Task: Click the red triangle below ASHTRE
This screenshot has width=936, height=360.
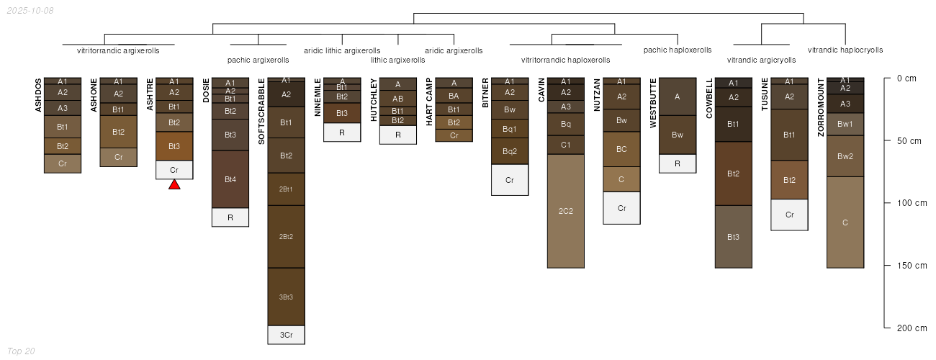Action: (174, 184)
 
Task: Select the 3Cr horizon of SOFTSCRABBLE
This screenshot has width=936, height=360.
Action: (287, 335)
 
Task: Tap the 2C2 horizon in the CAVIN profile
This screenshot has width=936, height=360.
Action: (566, 211)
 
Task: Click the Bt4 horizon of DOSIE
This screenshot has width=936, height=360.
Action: (230, 179)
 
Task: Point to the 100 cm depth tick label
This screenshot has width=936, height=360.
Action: (912, 203)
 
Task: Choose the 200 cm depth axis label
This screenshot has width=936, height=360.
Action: (912, 328)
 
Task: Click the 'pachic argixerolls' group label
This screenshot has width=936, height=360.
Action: (258, 60)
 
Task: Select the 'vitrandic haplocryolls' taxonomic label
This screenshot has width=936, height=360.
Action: (845, 50)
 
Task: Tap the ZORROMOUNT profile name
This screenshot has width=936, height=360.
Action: (821, 107)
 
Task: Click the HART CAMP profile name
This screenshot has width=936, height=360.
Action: (429, 102)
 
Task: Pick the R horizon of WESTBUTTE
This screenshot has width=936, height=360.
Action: (678, 163)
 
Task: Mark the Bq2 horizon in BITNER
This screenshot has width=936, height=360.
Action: (510, 151)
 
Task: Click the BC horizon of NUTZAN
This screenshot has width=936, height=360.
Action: (622, 149)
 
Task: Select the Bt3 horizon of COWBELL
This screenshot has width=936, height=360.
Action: (734, 237)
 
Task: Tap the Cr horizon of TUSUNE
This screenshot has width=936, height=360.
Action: (789, 215)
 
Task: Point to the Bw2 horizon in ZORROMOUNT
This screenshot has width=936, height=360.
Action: (845, 156)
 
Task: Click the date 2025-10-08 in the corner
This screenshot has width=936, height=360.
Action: (30, 11)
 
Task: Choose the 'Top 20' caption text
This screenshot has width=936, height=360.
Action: (21, 351)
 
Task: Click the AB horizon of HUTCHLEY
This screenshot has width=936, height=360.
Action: (397, 99)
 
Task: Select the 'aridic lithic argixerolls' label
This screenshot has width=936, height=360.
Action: (342, 51)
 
